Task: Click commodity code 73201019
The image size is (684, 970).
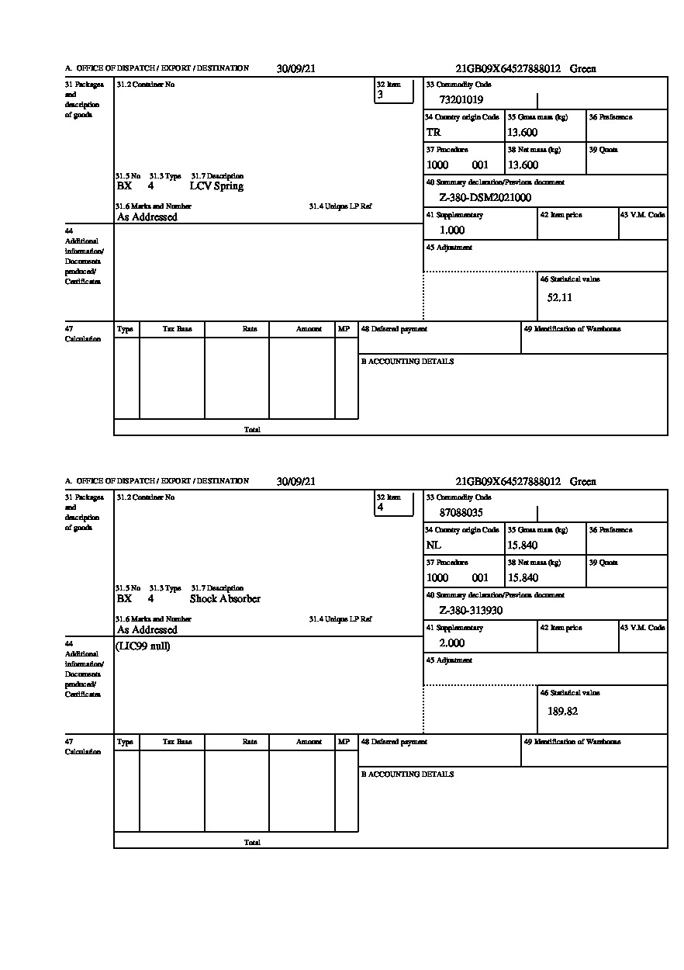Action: coord(461,99)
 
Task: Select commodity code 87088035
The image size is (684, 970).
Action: coord(461,512)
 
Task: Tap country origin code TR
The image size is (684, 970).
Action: coord(434,132)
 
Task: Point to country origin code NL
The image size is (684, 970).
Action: coord(434,545)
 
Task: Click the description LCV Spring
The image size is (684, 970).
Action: coord(216,186)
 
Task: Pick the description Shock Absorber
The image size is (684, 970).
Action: coord(225,599)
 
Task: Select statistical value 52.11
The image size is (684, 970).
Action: coord(560,297)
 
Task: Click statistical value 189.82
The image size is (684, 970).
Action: coord(562,711)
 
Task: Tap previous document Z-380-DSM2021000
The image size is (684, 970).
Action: coord(485,197)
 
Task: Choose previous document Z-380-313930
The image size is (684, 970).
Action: coord(471,610)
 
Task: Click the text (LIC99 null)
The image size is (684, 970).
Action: coord(143,646)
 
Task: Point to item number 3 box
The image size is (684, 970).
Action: coord(394,91)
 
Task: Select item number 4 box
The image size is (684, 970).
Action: coord(394,504)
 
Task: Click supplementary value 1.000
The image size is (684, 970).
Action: coord(452,230)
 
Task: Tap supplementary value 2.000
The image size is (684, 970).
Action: coord(452,643)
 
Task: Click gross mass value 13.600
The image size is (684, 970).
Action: coord(523,132)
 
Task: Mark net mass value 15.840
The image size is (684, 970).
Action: coord(523,577)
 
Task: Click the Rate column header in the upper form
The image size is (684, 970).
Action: coord(249,329)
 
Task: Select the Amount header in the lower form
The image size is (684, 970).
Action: coord(309,742)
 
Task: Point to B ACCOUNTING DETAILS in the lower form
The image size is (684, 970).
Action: coord(407,774)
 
